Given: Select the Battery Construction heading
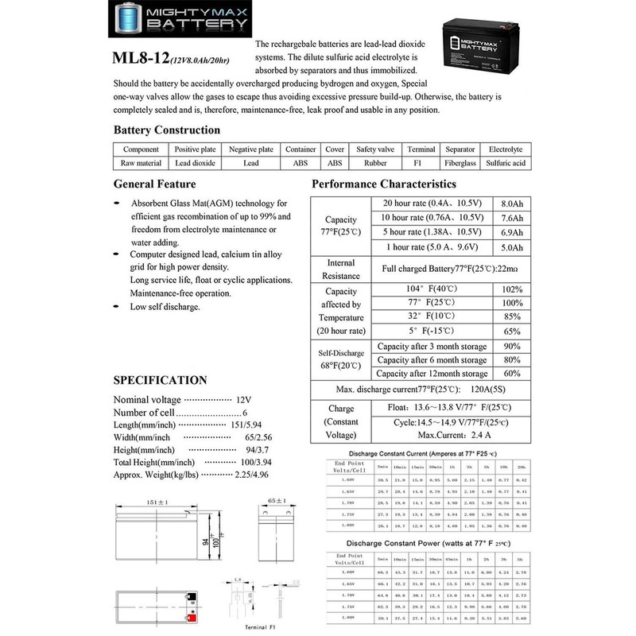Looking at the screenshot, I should pyautogui.click(x=167, y=130).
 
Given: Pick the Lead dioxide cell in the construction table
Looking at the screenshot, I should pyautogui.click(x=195, y=163).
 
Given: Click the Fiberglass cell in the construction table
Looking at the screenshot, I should pyautogui.click(x=460, y=163).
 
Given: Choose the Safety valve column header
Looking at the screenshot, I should pyautogui.click(x=377, y=149).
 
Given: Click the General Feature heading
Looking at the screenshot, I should pyautogui.click(x=154, y=184).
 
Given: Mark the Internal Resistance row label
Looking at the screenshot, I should pyautogui.click(x=340, y=270).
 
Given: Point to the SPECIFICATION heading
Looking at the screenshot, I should pyautogui.click(x=161, y=379).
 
